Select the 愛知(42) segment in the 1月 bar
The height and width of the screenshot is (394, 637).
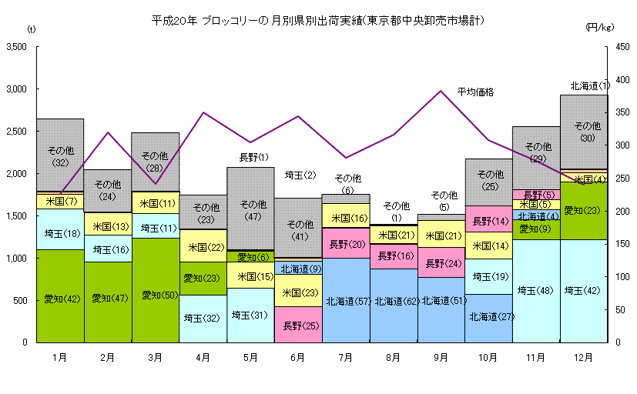click(60, 299)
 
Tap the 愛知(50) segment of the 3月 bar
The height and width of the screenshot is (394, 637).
click(155, 293)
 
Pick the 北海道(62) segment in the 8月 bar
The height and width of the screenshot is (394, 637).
click(393, 301)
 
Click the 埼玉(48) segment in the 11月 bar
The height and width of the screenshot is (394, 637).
click(536, 290)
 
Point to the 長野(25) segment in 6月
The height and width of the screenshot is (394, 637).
click(298, 326)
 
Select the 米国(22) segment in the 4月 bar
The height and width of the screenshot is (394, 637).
click(203, 247)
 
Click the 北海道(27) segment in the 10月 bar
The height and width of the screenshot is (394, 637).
click(488, 316)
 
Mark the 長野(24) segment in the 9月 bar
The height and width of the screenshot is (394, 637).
click(441, 262)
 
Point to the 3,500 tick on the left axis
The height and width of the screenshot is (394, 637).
click(16, 47)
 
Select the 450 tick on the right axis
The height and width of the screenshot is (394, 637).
click(602, 47)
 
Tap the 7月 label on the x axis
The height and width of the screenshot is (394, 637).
click(345, 357)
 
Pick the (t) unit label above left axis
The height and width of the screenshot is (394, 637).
click(31, 28)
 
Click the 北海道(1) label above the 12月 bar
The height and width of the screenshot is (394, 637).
click(590, 85)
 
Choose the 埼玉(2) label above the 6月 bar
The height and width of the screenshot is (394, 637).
click(300, 175)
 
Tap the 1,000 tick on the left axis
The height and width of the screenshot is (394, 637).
click(16, 258)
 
